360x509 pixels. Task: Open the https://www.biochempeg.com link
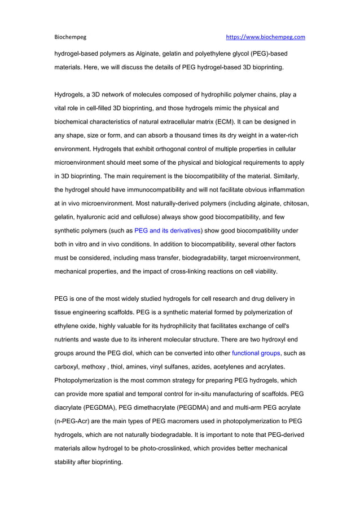click(265, 37)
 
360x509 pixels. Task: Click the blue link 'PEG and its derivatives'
click(167, 230)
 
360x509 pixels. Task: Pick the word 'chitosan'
click(295, 203)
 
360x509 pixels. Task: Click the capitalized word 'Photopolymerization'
click(89, 380)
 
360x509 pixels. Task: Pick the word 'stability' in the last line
click(68, 462)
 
